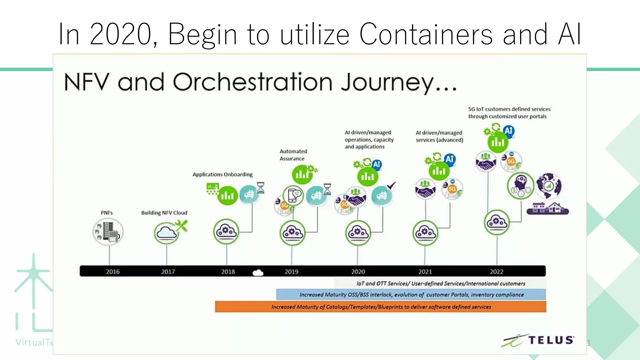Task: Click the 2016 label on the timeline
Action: click(112, 272)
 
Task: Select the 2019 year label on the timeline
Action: click(291, 272)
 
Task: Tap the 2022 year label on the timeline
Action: click(496, 272)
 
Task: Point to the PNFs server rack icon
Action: click(108, 232)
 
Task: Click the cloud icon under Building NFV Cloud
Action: click(166, 233)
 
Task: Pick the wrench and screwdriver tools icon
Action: click(182, 225)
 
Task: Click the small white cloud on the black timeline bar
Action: click(258, 273)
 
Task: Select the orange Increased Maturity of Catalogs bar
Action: click(380, 307)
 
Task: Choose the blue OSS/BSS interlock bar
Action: click(411, 294)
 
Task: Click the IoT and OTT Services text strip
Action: click(440, 283)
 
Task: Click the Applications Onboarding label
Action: click(222, 174)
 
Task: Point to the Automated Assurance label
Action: click(293, 155)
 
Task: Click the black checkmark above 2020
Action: click(391, 185)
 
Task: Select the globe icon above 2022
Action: click(548, 186)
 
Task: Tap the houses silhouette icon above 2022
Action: click(547, 208)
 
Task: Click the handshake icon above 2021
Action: click(425, 189)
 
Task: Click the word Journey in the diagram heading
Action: click(387, 82)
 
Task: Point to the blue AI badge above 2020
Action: click(377, 164)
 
